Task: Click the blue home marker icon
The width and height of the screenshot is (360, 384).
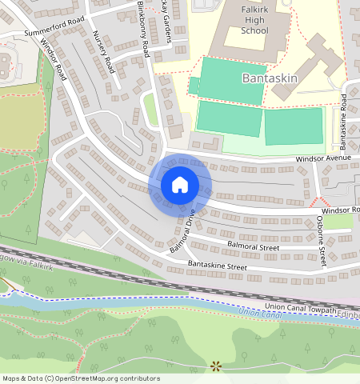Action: [180, 185]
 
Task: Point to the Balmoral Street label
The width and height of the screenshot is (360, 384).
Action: [253, 248]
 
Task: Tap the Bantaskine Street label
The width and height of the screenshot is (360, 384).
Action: [217, 265]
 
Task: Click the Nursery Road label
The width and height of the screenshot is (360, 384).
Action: [105, 52]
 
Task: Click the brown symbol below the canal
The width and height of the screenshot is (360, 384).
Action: [215, 366]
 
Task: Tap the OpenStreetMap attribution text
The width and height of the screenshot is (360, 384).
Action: [82, 378]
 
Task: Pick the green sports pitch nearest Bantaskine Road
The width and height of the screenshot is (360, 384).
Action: [294, 126]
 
